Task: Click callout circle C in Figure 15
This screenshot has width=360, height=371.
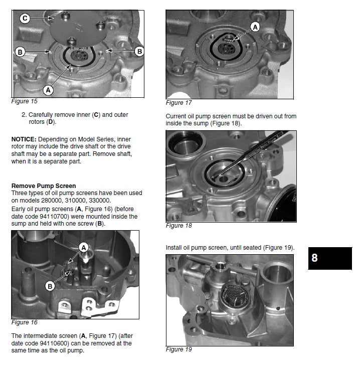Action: [x=25, y=19]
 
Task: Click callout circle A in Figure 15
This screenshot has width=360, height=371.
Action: [x=48, y=90]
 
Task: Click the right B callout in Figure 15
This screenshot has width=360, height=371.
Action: [x=139, y=51]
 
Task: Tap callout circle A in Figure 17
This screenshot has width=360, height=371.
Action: [x=255, y=27]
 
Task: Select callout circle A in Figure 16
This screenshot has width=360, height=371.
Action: [x=84, y=247]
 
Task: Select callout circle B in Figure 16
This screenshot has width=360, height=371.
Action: [x=50, y=286]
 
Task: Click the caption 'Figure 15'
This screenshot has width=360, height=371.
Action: [x=24, y=101]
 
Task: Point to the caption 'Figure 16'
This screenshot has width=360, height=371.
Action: [x=24, y=322]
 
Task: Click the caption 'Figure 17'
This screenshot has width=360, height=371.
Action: [x=178, y=103]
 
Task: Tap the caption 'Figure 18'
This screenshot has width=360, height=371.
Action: [x=178, y=226]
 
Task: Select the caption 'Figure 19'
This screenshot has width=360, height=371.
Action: [x=178, y=349]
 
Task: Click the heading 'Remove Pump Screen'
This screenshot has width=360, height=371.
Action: [x=44, y=186]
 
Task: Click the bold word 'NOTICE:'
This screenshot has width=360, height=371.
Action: [x=23, y=138]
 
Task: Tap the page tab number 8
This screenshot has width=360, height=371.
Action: [x=314, y=258]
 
